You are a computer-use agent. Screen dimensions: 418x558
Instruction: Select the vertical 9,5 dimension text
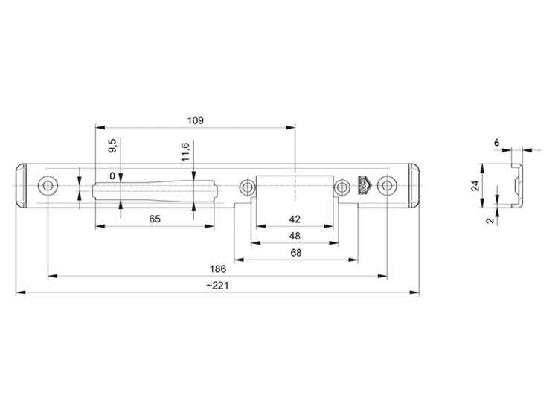tap(112, 146)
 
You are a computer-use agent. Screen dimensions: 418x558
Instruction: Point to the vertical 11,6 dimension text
tap(185, 151)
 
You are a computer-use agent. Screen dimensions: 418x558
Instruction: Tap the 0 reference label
tap(112, 176)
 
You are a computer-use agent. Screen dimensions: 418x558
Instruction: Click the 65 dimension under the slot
tap(155, 219)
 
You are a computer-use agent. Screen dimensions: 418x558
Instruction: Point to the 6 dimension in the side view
tap(496, 141)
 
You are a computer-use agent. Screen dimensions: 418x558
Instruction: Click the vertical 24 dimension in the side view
tap(475, 186)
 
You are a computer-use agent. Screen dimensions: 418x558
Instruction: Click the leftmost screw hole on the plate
tap(48, 185)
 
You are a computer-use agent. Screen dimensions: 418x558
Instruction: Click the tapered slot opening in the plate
tap(155, 190)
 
